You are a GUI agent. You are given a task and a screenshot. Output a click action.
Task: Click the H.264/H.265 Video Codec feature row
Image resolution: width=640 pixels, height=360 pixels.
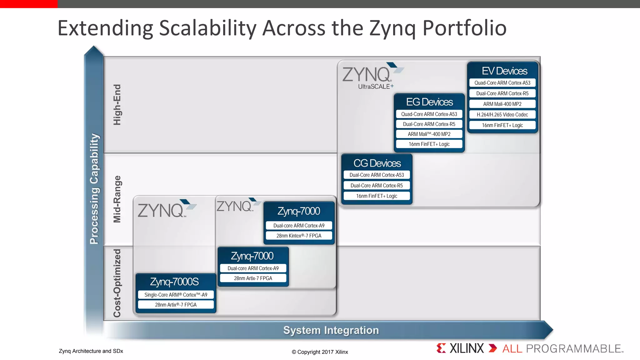pos(502,115)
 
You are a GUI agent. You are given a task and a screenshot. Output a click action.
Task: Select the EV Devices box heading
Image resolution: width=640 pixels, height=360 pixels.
pos(504,71)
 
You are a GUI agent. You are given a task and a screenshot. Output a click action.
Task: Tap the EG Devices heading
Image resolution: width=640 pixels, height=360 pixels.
pos(429,102)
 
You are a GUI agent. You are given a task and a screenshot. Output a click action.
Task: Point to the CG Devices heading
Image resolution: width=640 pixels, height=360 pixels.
pos(377,163)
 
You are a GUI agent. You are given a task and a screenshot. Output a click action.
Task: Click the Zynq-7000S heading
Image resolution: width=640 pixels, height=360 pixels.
pos(174,282)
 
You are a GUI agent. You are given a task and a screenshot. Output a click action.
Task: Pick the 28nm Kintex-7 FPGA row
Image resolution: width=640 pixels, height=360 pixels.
pos(299,236)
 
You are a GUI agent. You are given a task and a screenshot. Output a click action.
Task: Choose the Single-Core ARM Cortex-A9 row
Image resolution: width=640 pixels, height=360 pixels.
pos(176,295)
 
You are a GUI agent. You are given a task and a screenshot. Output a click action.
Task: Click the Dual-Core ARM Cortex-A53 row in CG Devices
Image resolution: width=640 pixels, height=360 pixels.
pos(377,175)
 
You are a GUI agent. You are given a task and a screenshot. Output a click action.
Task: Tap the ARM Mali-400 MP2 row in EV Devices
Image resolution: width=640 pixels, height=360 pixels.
pos(502,104)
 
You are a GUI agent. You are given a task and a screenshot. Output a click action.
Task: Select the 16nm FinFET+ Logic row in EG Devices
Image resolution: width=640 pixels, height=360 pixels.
pos(429,144)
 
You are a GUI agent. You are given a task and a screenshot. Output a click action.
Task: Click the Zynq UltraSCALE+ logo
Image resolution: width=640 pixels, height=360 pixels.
pos(372,77)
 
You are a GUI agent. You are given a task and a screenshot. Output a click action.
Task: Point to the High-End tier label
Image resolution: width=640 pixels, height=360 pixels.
pos(117,105)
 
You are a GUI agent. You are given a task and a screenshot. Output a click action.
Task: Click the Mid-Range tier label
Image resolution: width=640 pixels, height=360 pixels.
pos(117,199)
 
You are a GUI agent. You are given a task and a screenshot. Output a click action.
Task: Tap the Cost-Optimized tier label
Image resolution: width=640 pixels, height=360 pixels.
pos(117,283)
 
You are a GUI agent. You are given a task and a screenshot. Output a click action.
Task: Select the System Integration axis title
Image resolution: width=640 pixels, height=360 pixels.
pos(331,330)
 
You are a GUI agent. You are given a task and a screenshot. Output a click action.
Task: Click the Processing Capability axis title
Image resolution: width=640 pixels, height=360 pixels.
pos(94,189)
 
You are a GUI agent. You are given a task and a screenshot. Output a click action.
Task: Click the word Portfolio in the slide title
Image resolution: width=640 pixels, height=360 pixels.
pos(464,28)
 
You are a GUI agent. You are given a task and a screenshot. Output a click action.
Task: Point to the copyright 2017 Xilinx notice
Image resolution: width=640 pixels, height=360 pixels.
pos(320,352)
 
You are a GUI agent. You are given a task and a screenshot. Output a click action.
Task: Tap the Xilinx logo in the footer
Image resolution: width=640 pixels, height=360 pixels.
pos(460,348)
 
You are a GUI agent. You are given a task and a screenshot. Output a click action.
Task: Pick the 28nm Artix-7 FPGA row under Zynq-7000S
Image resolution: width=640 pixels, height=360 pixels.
pos(176,305)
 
